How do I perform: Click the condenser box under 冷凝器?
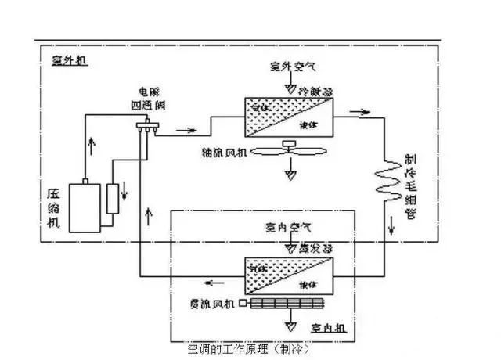289,116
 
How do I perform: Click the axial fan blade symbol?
289,151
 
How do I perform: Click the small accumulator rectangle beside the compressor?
114,199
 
